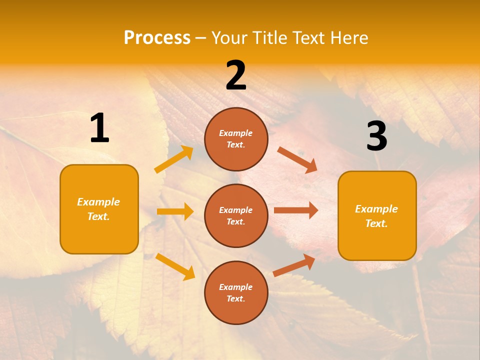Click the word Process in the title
[x=157, y=37]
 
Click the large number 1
[x=99, y=128]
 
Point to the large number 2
[x=236, y=75]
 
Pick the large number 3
[x=376, y=136]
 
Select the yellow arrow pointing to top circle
[x=174, y=159]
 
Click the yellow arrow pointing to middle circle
[x=175, y=211]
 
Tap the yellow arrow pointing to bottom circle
[x=175, y=266]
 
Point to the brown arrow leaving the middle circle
[x=296, y=210]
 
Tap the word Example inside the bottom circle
[x=236, y=287]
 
